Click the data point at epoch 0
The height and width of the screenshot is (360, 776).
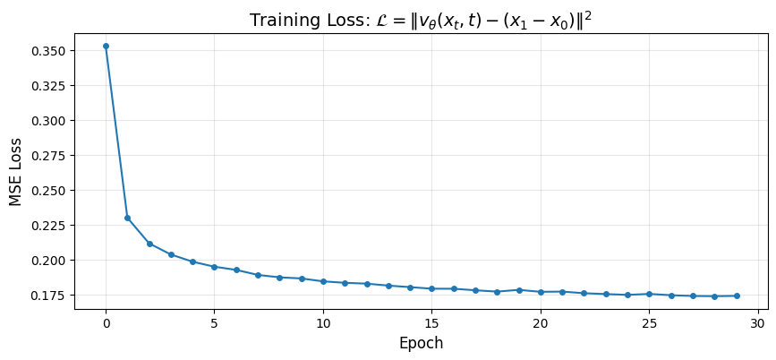click(x=106, y=46)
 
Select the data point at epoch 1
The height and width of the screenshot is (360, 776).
click(x=127, y=218)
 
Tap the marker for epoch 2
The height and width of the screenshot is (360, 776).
click(x=149, y=244)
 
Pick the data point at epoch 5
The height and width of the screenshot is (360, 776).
click(x=214, y=267)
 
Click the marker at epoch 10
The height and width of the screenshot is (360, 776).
click(x=323, y=281)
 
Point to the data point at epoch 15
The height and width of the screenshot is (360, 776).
click(x=431, y=288)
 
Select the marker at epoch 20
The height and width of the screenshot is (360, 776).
click(x=541, y=292)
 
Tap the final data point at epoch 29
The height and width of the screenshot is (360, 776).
click(x=737, y=296)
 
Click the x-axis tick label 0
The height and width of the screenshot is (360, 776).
click(x=106, y=322)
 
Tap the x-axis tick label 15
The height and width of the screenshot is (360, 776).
click(x=431, y=322)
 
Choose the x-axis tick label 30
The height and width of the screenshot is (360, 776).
click(x=758, y=322)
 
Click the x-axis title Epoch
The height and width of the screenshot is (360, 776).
click(x=421, y=343)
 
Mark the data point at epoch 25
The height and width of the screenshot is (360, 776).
click(x=649, y=294)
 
